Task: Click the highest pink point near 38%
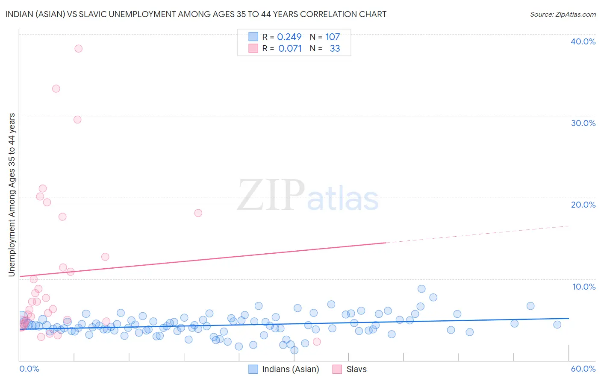78,49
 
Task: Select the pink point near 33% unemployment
56,89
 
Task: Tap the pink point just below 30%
77,120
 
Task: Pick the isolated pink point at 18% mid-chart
198,213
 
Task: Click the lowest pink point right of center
317,342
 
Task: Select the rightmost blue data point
557,325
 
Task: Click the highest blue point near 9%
421,289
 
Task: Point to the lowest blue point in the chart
295,350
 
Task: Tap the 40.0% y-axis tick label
583,41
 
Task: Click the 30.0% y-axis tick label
583,123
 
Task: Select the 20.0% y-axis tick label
583,205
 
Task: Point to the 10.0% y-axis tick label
584,287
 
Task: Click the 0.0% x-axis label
29,369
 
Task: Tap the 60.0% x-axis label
583,369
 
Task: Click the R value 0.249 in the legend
289,37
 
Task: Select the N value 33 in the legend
335,49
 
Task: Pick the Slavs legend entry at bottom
356,369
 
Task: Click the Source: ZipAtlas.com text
563,15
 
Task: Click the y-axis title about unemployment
12,195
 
